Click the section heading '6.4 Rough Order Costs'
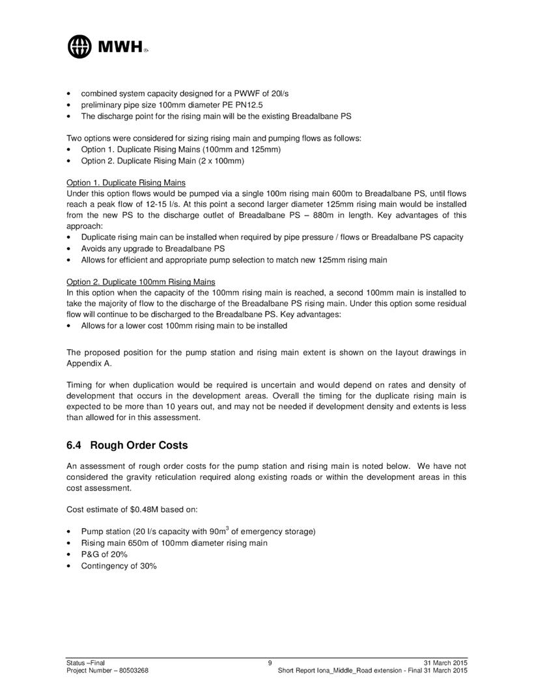point(127,445)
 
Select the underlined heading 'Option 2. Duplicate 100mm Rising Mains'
point(141,281)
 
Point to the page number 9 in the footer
point(269,663)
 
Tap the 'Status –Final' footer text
point(85,663)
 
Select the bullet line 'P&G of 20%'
point(104,554)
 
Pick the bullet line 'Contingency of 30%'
point(119,565)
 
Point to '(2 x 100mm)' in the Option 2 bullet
point(223,160)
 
